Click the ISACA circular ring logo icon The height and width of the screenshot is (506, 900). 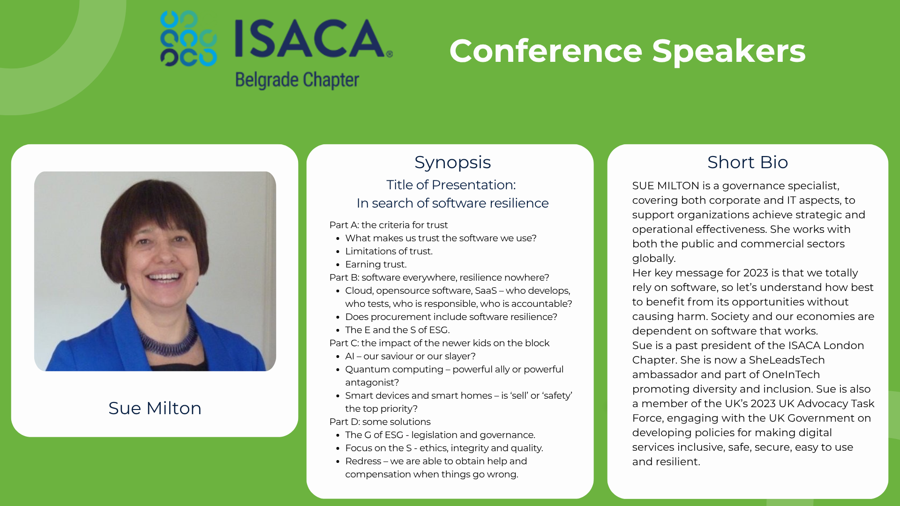point(188,38)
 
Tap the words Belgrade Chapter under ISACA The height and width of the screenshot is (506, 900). point(297,80)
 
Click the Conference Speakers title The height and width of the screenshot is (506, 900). point(627,51)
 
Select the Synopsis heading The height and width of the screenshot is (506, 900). point(452,162)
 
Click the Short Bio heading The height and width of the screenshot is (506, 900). point(748,162)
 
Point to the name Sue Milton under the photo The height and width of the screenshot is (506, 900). point(155,408)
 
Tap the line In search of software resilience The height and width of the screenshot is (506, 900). point(452,203)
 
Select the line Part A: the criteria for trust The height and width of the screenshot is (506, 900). point(389,225)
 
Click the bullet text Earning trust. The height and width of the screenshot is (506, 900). point(376,264)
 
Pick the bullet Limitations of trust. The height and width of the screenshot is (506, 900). point(389,251)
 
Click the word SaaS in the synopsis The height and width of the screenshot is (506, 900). point(486,290)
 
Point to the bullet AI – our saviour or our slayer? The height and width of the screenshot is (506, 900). point(410,356)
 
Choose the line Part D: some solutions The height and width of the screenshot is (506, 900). point(380,422)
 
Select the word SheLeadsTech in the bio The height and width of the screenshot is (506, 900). point(787,360)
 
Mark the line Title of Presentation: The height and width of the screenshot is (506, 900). point(451,185)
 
